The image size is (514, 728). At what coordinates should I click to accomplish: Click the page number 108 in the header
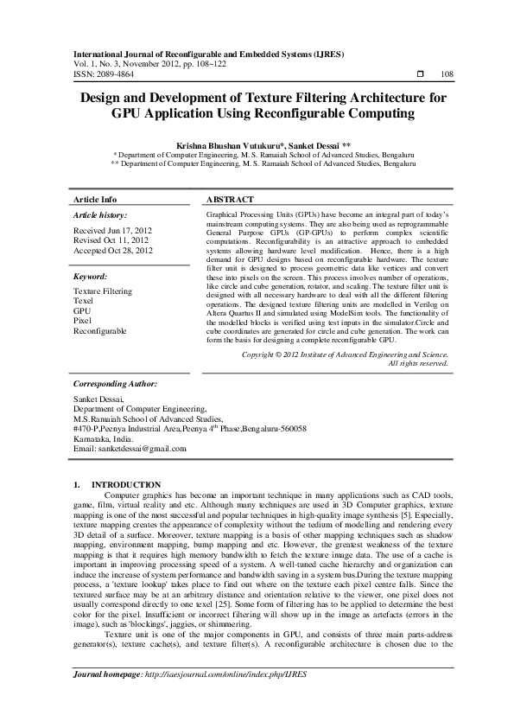[447, 75]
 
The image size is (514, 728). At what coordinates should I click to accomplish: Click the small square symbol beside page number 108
[419, 75]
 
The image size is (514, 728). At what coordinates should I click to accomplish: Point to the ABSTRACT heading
[230, 198]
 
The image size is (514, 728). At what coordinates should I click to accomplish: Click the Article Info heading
[95, 198]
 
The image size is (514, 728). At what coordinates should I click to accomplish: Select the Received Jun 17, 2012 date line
[112, 231]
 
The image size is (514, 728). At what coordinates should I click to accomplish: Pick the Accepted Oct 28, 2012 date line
[113, 250]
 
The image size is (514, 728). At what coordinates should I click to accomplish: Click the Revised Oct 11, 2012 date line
[111, 240]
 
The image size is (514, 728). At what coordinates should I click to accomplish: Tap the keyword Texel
[84, 302]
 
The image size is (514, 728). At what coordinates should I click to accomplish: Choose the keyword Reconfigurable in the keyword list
[100, 330]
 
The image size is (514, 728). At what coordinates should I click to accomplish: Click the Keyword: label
[90, 276]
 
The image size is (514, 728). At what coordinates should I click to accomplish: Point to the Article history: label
[100, 214]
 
